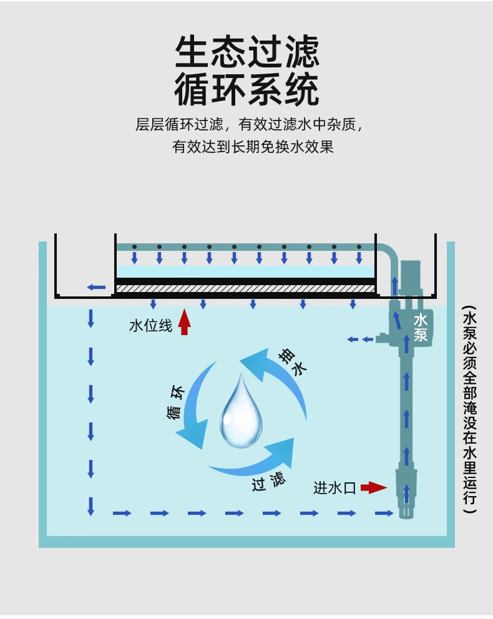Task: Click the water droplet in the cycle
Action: (x=241, y=411)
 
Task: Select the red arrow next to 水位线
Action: (x=184, y=322)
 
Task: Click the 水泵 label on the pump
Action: (x=421, y=328)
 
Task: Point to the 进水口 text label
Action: (x=334, y=488)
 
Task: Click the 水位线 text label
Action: (x=150, y=326)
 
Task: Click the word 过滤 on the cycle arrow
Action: (x=269, y=481)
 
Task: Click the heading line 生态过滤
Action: (x=246, y=51)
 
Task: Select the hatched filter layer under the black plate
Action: (x=245, y=289)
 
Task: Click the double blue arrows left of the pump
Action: (x=360, y=339)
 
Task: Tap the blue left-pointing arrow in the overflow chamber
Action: (x=96, y=287)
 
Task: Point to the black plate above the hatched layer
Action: (x=245, y=281)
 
